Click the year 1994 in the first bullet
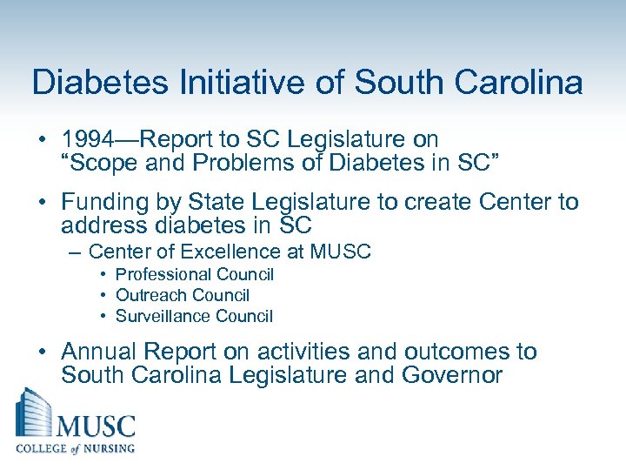coord(87,138)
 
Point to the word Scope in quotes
coord(101,161)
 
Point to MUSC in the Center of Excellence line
coord(343,252)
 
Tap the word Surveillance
coord(158,317)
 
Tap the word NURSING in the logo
coord(105,448)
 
